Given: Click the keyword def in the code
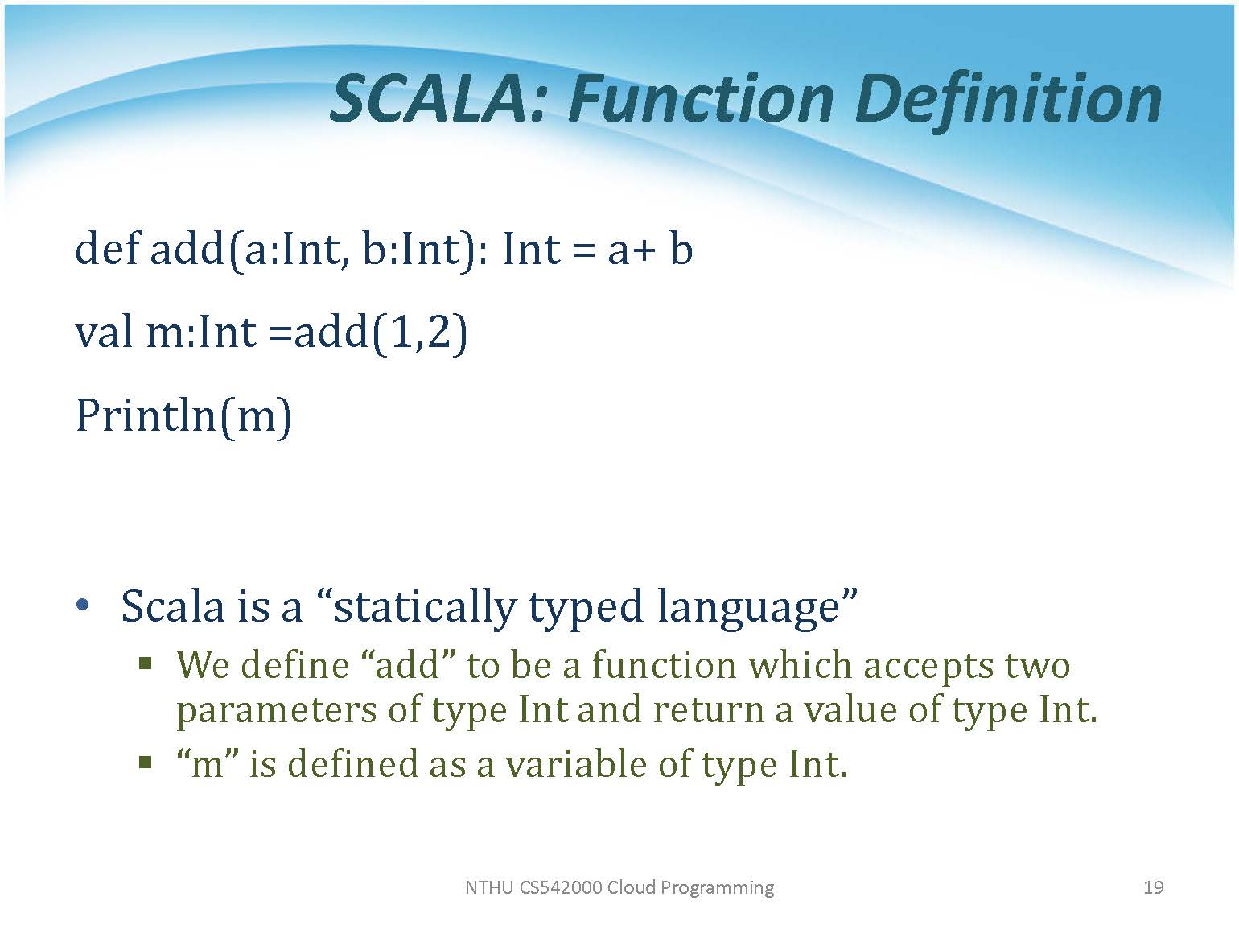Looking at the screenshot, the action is (x=107, y=249).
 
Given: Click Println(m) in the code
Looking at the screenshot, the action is (x=183, y=416).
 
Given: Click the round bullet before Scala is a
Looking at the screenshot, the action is (x=82, y=606).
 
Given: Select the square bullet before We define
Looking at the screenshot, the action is (x=146, y=663).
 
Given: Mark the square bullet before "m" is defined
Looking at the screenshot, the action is (x=146, y=763).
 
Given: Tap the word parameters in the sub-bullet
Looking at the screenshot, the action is (x=277, y=711).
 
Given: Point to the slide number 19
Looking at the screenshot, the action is (x=1153, y=887).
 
